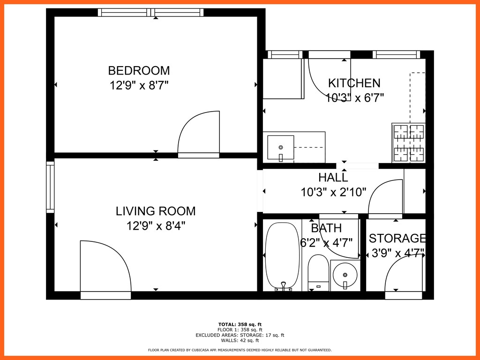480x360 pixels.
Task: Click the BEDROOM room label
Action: (139, 71)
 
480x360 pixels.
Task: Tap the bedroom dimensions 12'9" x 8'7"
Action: (139, 85)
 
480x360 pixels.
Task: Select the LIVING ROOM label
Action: (156, 211)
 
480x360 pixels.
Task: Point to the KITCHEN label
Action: (354, 83)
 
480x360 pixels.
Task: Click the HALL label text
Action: (333, 178)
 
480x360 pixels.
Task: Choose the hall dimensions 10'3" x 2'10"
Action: (333, 192)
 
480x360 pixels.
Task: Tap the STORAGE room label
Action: (397, 239)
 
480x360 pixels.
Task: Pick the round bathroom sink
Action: (345, 274)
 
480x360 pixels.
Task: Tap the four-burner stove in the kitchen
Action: (409, 142)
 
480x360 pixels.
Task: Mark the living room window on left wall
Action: (50, 187)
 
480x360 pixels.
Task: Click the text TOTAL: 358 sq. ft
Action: (240, 324)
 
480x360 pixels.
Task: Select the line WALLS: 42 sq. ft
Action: (240, 341)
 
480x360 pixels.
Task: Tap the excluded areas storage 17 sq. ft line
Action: (240, 335)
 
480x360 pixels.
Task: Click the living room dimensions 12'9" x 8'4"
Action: (156, 226)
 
